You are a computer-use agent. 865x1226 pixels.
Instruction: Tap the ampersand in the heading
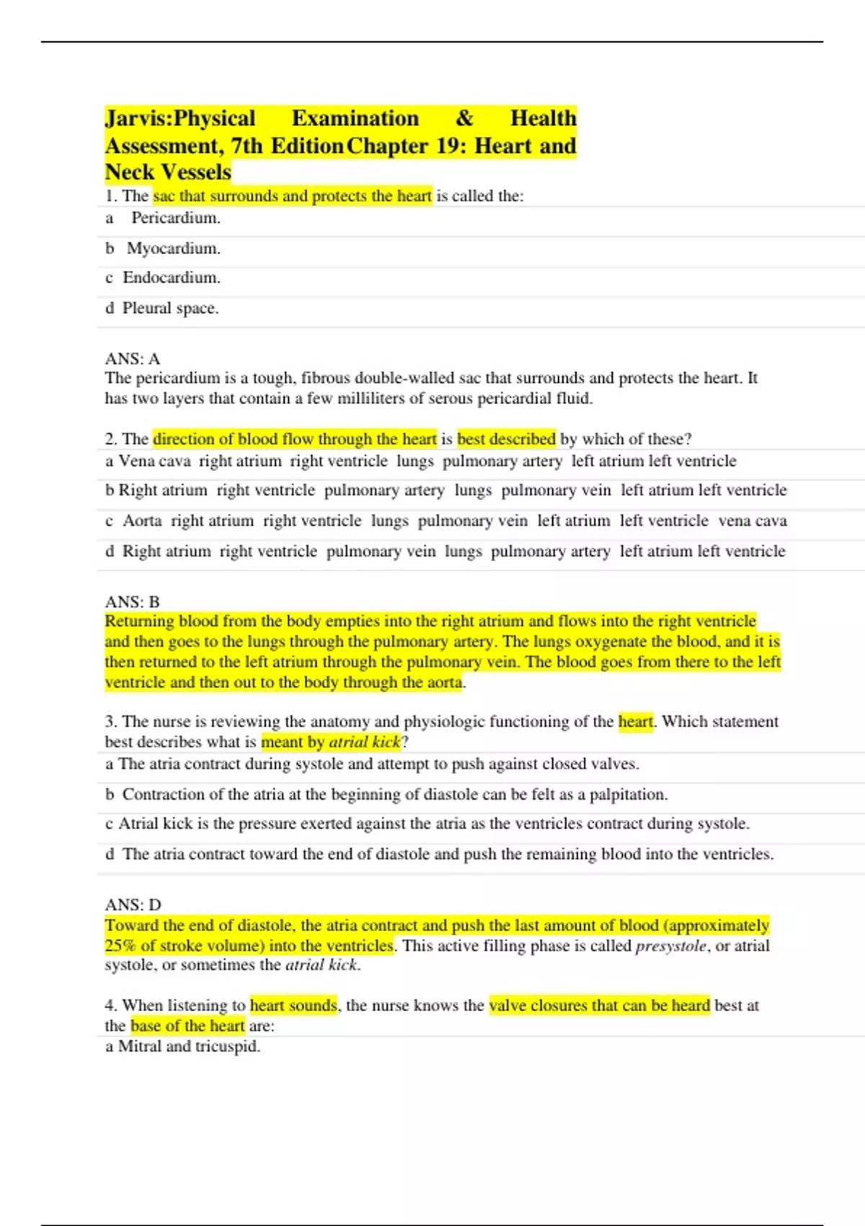[x=465, y=118]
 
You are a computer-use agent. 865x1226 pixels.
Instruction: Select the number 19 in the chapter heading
[x=448, y=146]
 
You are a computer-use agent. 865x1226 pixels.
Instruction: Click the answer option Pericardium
[x=176, y=218]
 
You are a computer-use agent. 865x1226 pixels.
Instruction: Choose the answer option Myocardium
[x=174, y=249]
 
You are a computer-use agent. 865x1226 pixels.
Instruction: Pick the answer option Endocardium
[x=172, y=278]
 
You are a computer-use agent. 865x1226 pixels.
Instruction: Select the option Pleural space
[x=170, y=308]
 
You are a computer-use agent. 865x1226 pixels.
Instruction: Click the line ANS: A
[x=133, y=358]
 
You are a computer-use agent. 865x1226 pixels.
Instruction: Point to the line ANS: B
[x=133, y=601]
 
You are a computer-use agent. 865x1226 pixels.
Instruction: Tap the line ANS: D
[x=133, y=904]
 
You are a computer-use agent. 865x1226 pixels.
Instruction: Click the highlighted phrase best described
[x=506, y=439]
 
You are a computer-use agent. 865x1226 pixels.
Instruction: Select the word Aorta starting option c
[x=142, y=521]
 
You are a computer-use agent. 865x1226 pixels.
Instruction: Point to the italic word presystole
[x=670, y=945]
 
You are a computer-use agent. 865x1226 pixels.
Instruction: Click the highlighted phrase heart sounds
[x=293, y=1005]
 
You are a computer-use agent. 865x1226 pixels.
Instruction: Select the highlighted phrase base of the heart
[x=187, y=1026]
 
